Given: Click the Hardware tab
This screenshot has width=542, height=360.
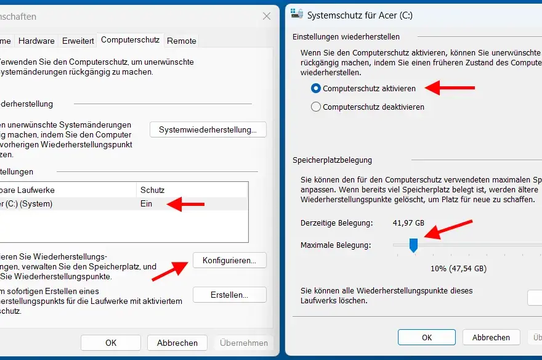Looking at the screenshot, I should pos(36,41).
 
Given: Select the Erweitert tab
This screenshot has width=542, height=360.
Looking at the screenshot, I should pos(78,41).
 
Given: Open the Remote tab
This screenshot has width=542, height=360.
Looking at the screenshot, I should pos(182,41).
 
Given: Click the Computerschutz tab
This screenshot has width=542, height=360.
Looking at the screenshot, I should pos(130,40).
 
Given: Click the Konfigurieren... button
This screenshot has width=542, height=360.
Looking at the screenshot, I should pos(229,260).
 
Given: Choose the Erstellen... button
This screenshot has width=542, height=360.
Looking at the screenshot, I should pos(229,295).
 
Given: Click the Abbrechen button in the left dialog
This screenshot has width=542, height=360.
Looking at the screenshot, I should pos(177,343).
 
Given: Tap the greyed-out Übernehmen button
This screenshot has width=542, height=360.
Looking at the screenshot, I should pos(244,343).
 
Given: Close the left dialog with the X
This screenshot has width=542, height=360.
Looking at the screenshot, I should pos(266,16).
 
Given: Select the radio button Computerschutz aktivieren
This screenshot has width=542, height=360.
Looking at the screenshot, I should pos(317,88).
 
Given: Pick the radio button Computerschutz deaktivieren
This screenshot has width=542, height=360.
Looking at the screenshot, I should pos(317,107).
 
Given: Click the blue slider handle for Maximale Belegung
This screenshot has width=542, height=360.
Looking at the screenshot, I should pos(413,245).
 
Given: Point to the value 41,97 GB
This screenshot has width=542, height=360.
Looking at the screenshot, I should pos(408,222).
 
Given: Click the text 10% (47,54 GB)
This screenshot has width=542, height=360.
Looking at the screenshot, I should pos(458,268).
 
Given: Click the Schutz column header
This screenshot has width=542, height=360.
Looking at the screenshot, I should pos(153,190).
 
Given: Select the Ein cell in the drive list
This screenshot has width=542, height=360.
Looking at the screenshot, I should pos(146,203).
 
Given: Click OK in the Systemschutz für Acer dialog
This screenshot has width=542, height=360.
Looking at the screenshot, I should pos(426,337).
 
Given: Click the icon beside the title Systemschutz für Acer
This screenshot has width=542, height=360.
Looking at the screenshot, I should pos(297,14).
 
